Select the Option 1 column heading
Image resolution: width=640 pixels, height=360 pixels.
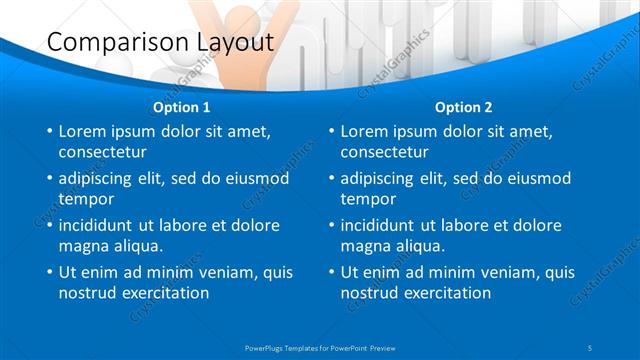pos(182,107)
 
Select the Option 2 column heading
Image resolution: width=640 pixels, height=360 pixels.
pos(464,107)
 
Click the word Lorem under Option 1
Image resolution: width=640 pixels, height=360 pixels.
pos(84,131)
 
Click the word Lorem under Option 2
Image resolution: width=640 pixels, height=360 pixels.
pos(366,131)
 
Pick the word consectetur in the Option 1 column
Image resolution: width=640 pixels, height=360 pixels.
pos(103,153)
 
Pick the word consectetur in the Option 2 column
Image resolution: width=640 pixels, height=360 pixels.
pos(385,153)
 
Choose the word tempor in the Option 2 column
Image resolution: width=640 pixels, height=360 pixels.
pos(368,200)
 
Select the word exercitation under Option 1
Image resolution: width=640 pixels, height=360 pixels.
pos(163,293)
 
